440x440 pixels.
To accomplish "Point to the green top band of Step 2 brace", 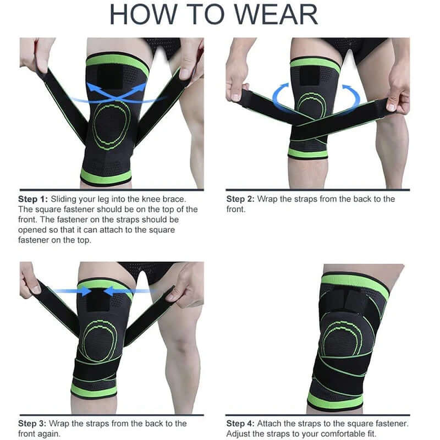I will pyautogui.click(x=315, y=63).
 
